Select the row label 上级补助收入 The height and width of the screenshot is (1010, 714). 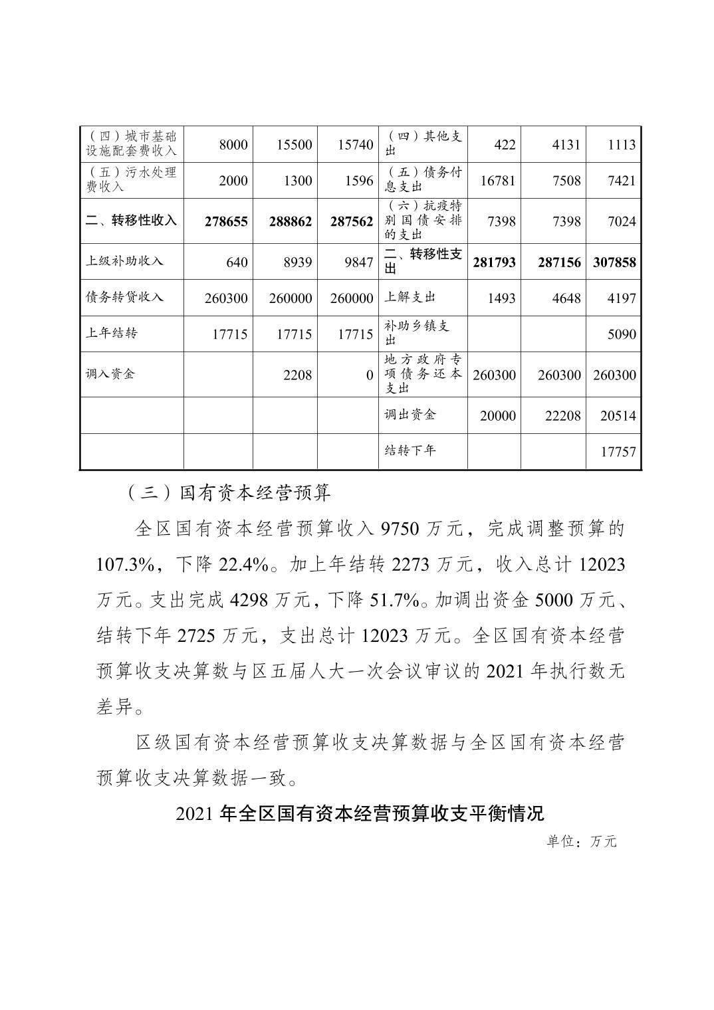(124, 260)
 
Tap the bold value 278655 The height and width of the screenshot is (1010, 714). (226, 221)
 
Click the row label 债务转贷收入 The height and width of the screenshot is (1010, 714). (124, 296)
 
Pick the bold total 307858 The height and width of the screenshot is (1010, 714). (614, 262)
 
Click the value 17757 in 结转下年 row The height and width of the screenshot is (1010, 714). (618, 453)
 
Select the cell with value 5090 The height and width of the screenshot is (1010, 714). (622, 334)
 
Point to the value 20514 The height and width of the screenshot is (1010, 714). (618, 416)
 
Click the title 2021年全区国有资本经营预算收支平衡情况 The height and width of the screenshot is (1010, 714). (360, 813)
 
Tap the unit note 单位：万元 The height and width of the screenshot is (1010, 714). (582, 841)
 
